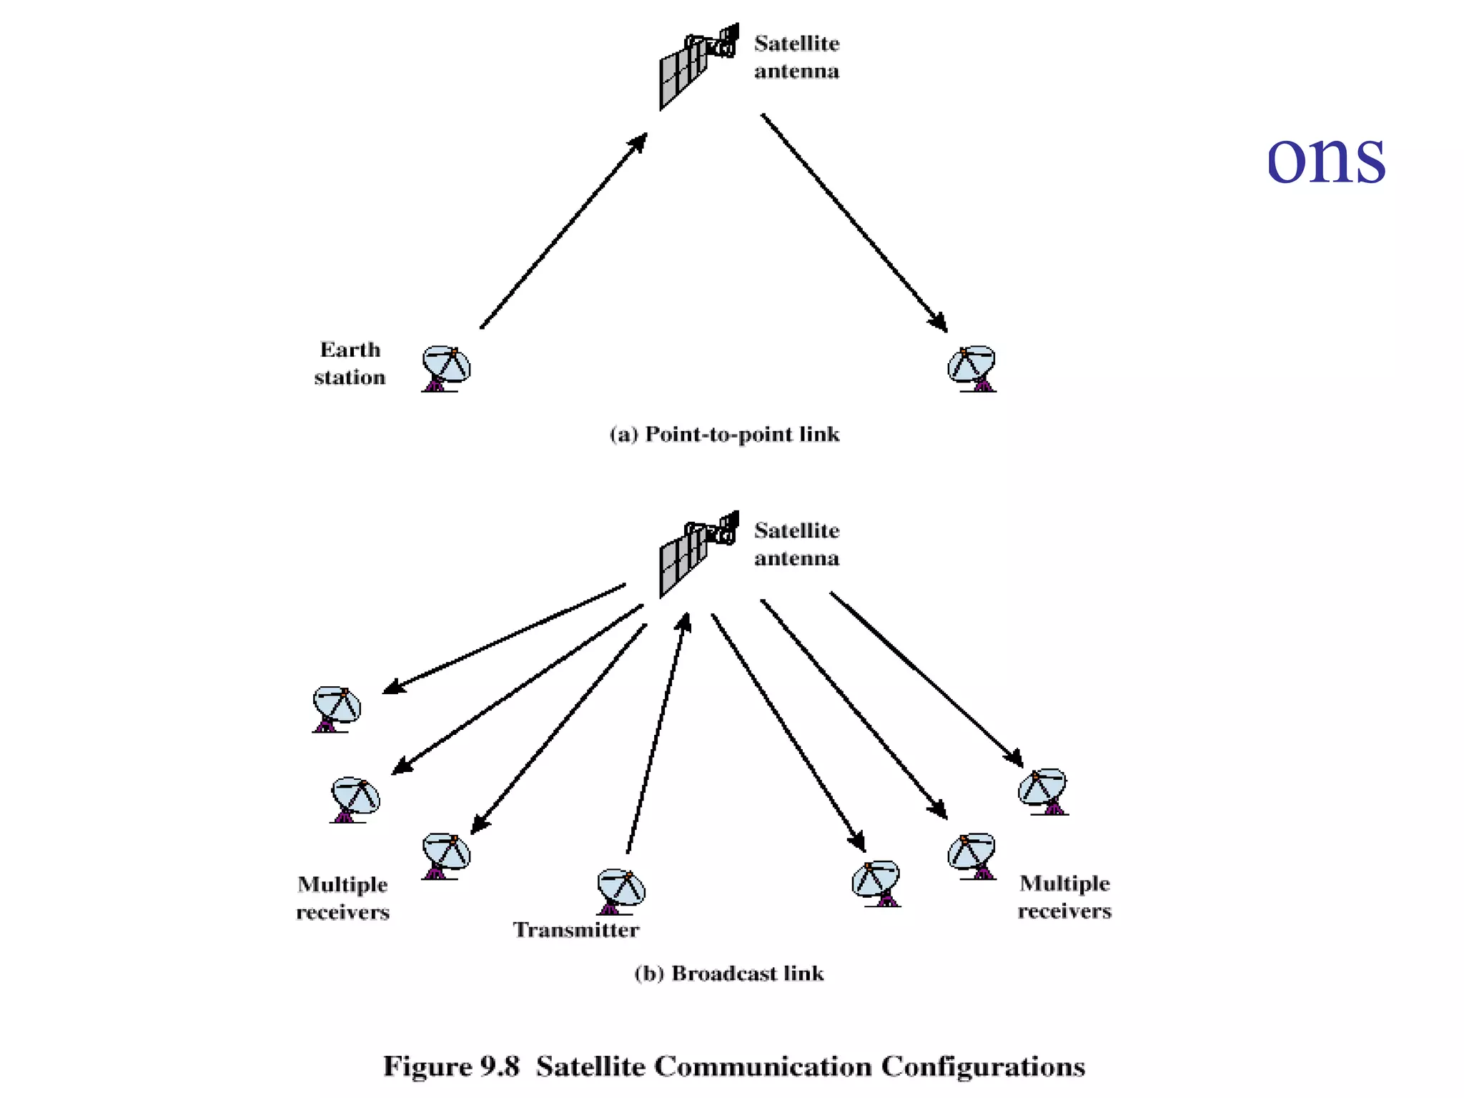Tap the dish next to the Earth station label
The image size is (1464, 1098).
[446, 369]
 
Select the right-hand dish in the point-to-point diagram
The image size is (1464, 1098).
[972, 369]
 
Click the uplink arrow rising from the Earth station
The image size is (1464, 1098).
[564, 230]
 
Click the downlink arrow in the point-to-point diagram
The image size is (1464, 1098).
[854, 223]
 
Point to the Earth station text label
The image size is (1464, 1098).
[350, 363]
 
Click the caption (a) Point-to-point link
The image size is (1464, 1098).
[724, 435]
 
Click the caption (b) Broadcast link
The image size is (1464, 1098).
[728, 974]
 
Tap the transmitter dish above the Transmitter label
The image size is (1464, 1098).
[620, 891]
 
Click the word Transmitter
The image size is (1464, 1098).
[576, 930]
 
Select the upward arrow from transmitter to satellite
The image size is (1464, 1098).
[656, 733]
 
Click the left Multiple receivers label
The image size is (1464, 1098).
[342, 898]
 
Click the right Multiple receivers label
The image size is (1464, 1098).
[1064, 896]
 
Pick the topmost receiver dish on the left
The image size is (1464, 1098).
[336, 708]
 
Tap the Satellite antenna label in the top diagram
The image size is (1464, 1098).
[796, 57]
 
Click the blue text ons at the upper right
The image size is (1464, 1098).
[1325, 159]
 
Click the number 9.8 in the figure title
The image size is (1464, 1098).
[499, 1067]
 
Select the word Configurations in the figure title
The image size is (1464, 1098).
[982, 1067]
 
